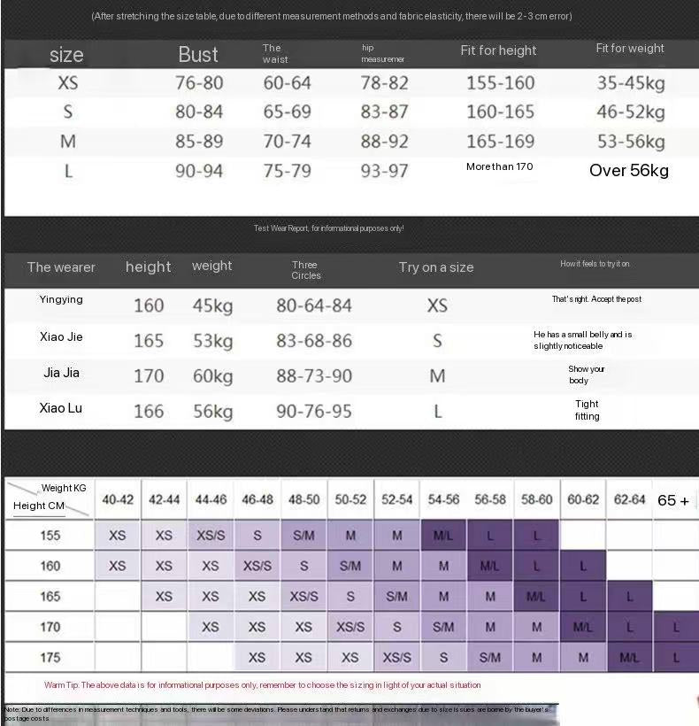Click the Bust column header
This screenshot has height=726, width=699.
[198, 54]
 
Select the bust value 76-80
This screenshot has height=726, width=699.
[199, 83]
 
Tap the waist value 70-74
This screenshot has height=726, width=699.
[288, 142]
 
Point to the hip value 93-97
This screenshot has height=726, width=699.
[384, 170]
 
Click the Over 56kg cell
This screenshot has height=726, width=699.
[629, 170]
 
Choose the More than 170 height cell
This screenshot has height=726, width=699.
[500, 166]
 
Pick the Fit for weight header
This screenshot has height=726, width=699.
[630, 49]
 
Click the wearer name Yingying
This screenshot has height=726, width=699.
[61, 299]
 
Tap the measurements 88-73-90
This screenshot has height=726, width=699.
[314, 375]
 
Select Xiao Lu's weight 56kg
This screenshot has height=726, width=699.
[212, 411]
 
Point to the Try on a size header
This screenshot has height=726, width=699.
[436, 267]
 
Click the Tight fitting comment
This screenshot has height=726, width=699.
[587, 410]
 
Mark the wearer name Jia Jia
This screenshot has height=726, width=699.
[61, 373]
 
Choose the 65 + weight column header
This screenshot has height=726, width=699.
[673, 500]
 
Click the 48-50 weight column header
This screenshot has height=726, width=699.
[303, 500]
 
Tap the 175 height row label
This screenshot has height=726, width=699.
[50, 657]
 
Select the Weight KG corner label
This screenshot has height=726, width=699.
[64, 488]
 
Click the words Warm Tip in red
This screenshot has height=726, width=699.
[66, 685]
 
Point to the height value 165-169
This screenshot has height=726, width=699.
[500, 142]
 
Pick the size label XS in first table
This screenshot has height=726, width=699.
[67, 83]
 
